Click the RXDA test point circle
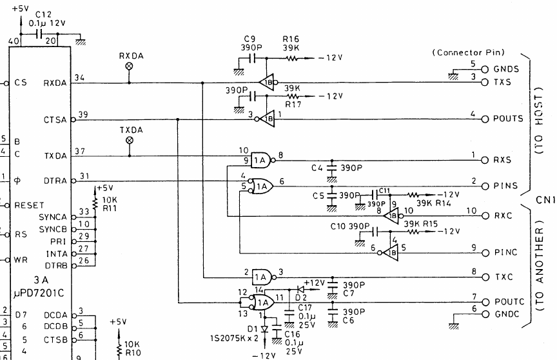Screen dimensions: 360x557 [x=129, y=66]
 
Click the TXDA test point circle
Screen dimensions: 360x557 [x=129, y=140]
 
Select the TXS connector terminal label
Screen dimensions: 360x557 [x=503, y=83]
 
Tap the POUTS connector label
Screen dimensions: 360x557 [x=509, y=119]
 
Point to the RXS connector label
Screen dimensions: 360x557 [x=503, y=159]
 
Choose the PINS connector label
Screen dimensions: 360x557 [x=505, y=186]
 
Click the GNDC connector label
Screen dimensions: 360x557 [x=506, y=314]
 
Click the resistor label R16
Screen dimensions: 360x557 [x=290, y=38]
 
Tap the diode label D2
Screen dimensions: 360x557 [x=300, y=297]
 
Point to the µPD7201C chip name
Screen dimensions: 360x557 [x=39, y=294]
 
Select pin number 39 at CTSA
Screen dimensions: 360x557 [x=83, y=114]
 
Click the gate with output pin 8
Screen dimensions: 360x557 [x=260, y=159]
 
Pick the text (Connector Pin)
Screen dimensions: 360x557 [x=468, y=52]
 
